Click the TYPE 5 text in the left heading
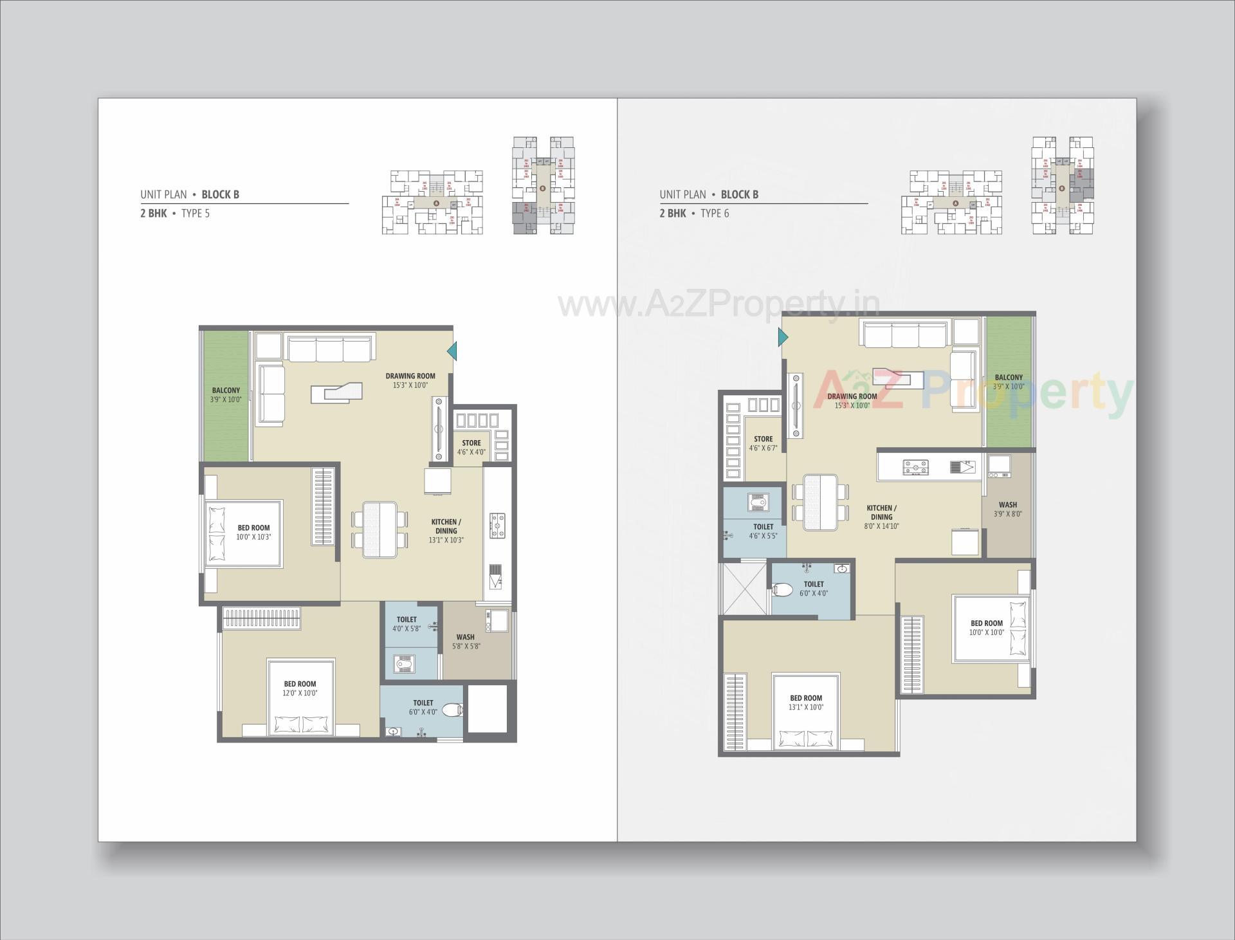pos(195,214)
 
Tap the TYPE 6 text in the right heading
pos(715,214)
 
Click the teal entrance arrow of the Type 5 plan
pos(452,351)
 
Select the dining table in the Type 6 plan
pos(820,502)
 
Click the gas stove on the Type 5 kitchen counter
pos(497,525)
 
